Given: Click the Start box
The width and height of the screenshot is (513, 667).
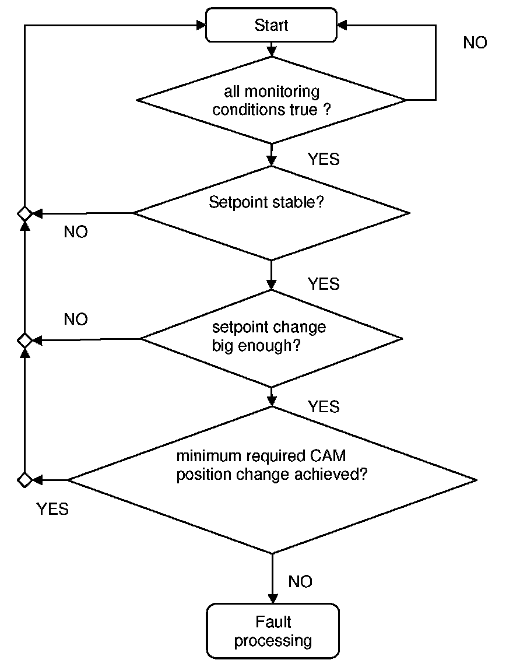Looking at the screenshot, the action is (x=271, y=24).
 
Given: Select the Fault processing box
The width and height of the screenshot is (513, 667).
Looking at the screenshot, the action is (x=273, y=631).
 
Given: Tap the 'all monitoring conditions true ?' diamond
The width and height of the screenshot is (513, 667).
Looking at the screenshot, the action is (x=272, y=100).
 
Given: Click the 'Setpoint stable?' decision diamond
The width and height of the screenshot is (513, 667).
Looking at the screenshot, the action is (x=272, y=213).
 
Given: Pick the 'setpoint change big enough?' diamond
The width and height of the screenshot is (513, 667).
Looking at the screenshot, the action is (x=272, y=339).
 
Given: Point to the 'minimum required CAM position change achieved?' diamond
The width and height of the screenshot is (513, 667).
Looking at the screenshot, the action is (x=272, y=480).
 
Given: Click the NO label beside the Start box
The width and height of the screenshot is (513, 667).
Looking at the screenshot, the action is (x=475, y=43).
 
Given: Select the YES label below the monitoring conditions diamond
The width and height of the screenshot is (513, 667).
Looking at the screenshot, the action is (x=324, y=159).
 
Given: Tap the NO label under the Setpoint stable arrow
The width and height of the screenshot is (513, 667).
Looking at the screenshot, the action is (x=76, y=232).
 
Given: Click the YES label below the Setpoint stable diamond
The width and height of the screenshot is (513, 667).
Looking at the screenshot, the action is (x=324, y=284).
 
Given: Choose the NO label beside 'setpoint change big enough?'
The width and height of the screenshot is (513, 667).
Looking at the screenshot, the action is (x=76, y=319).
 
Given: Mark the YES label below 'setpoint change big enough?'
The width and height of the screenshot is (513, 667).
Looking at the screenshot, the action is (x=324, y=406).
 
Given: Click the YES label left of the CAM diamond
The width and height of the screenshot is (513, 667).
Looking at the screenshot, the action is (x=52, y=509).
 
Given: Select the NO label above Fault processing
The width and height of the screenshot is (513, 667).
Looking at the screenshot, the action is (x=300, y=581).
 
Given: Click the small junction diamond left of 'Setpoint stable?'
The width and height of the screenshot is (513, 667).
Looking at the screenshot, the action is (x=24, y=213).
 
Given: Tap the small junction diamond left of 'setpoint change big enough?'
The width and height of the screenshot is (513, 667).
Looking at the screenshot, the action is (x=24, y=340).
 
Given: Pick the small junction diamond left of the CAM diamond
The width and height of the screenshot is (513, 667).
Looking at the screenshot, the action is (x=24, y=480).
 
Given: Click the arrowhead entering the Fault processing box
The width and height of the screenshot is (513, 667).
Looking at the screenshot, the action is (x=273, y=599).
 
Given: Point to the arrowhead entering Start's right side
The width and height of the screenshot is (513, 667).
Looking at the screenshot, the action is (x=342, y=25).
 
